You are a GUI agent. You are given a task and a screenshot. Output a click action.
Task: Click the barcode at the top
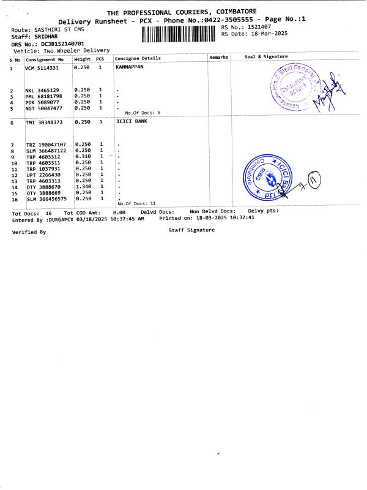179,34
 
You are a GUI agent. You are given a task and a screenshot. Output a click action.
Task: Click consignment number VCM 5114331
42,68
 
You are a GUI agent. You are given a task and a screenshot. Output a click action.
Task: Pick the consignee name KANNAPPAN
130,67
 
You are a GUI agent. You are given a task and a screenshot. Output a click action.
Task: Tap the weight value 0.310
82,156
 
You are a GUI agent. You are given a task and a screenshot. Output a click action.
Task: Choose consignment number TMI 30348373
44,123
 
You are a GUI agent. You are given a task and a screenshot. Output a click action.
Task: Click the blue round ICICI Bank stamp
265,175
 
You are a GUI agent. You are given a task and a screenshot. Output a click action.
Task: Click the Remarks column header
218,57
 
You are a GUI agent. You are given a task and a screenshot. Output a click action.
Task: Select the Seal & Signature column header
266,56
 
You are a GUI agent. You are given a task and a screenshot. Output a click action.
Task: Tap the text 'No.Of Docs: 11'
136,203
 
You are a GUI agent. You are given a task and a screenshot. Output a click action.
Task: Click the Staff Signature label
191,230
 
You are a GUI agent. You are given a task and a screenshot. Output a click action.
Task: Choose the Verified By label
29,232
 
